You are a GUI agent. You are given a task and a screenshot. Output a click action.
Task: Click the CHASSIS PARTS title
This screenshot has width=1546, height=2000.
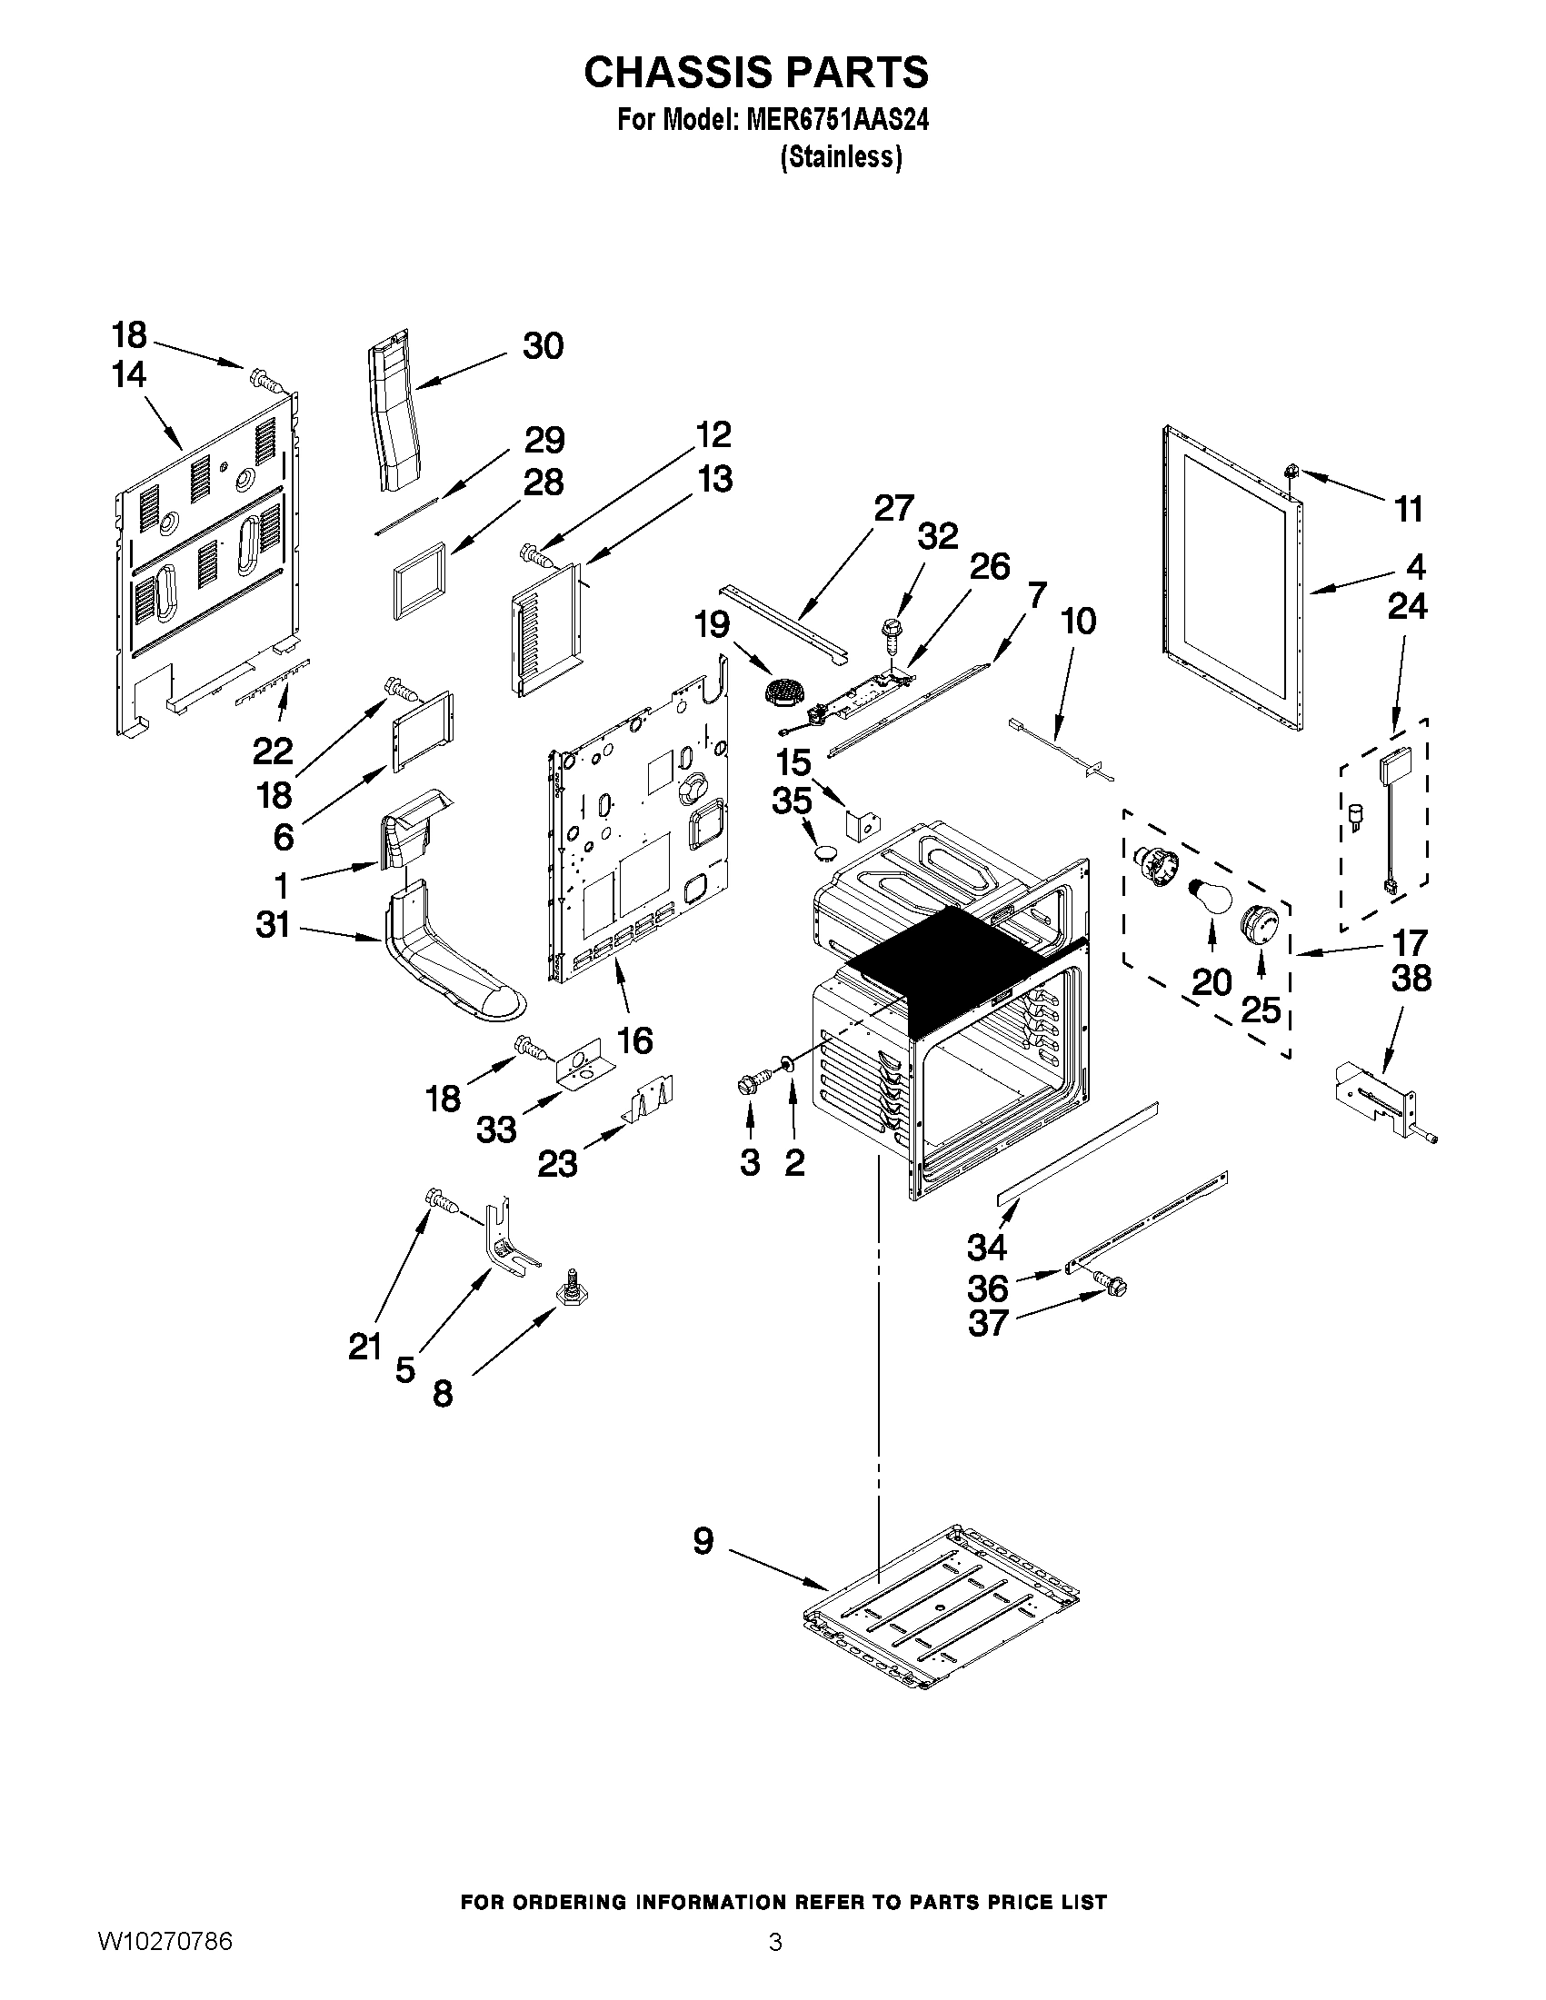click(x=755, y=73)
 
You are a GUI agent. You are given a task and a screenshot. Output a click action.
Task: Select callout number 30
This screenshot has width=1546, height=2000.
click(x=543, y=346)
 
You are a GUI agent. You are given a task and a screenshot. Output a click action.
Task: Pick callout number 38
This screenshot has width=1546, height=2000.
click(x=1411, y=978)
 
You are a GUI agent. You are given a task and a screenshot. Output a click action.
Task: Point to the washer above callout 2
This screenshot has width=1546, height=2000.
click(x=786, y=1061)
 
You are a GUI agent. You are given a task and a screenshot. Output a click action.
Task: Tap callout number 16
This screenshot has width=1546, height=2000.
click(x=634, y=1040)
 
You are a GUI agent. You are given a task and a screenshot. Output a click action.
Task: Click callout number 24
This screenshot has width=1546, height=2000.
click(x=1407, y=605)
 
